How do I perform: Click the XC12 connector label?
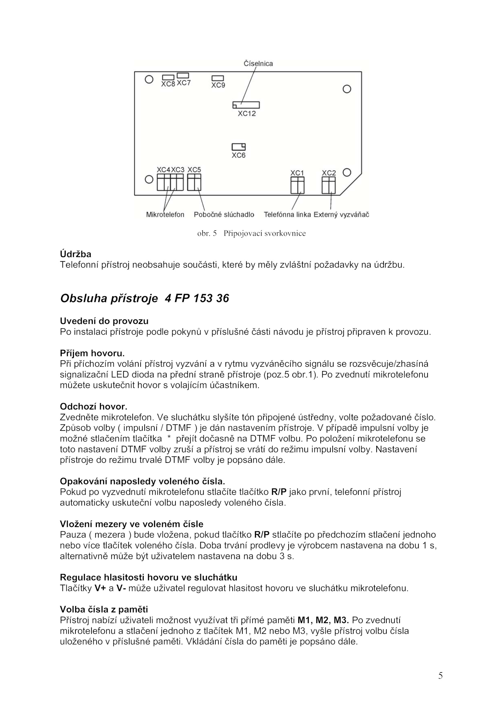coord(247,113)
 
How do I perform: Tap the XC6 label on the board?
coord(238,155)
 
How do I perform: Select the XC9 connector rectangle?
coord(218,78)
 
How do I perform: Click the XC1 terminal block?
coord(297,185)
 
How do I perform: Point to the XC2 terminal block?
coord(329,185)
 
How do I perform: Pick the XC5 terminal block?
coord(194,182)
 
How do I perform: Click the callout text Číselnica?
coord(258,63)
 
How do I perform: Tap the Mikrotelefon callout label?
coord(165,215)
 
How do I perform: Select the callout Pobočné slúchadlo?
coord(224,215)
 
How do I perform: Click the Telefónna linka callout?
coord(287,215)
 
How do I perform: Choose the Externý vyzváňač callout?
coord(341,215)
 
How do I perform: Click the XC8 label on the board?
coord(168,84)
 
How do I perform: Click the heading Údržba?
coord(75,254)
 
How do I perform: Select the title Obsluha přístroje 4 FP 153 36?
coord(145,298)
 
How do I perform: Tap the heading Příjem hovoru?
coord(92,353)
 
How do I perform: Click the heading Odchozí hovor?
coord(93,407)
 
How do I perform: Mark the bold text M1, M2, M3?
coord(323,620)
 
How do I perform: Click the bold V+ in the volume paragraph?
coord(100,588)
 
